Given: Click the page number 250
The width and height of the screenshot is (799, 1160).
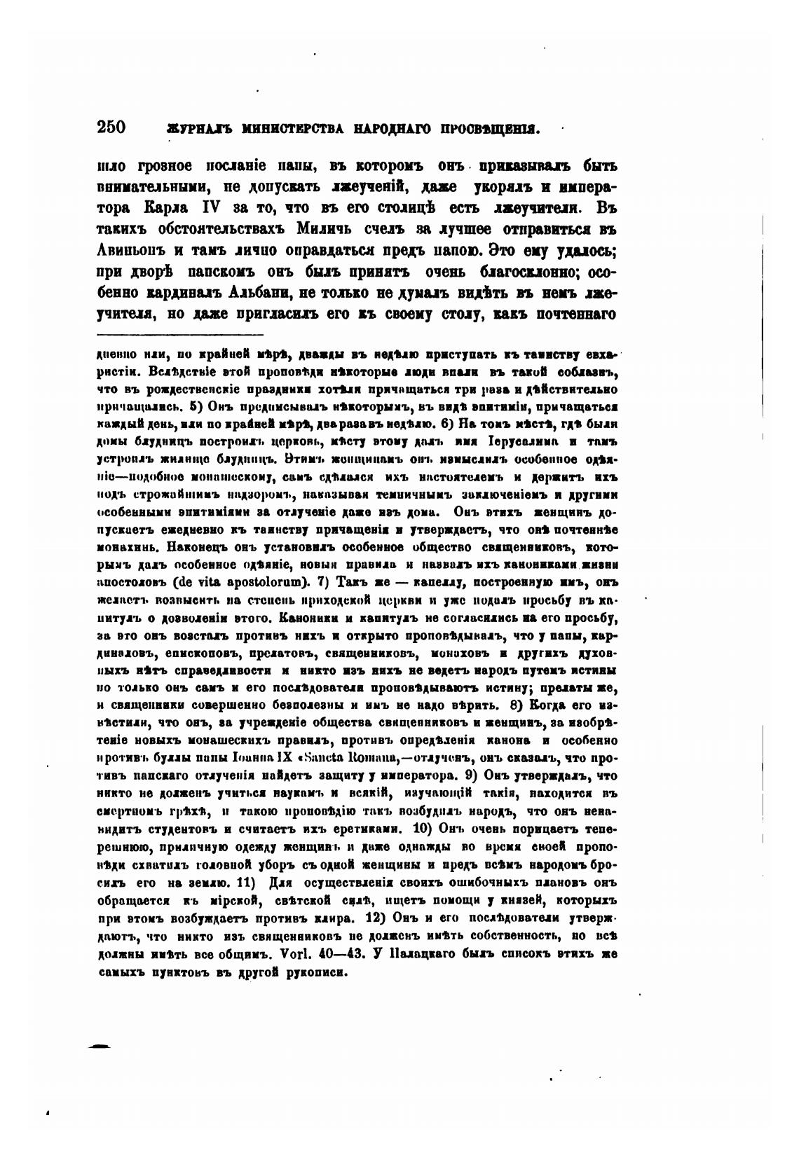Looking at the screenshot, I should [111, 127].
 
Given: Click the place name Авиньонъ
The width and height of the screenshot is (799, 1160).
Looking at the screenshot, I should [130, 250].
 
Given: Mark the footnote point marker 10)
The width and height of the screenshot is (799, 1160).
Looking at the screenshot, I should [425, 828].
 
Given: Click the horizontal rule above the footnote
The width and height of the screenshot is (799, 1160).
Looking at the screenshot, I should [180, 335].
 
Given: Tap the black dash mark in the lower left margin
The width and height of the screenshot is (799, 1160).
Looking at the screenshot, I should [100, 1046].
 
